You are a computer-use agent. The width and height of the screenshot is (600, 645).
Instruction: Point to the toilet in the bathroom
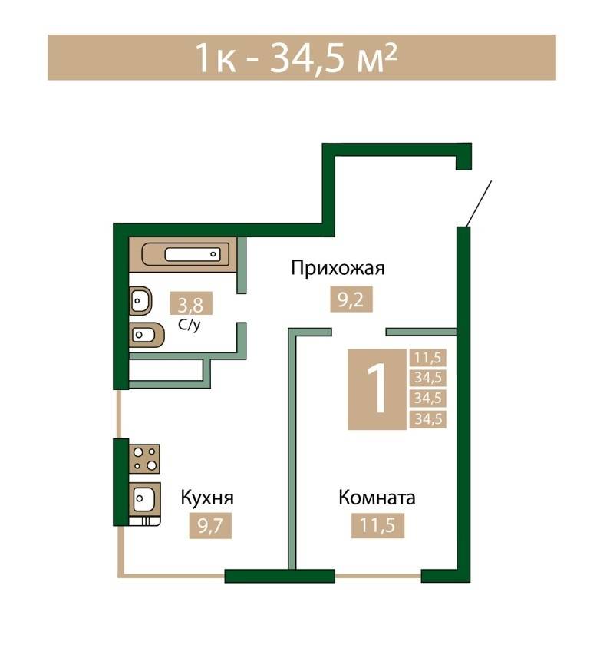[x=144, y=335]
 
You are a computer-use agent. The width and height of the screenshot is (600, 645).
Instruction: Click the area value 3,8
[x=191, y=304]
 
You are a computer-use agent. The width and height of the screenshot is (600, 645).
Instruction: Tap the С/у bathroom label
[x=190, y=324]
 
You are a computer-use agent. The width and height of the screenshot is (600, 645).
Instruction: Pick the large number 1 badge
[x=376, y=389]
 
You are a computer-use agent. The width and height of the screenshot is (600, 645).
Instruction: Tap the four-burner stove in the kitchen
[x=143, y=458]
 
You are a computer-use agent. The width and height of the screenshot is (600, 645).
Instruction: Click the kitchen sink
[x=143, y=499]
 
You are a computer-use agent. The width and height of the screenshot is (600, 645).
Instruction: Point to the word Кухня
[x=207, y=498]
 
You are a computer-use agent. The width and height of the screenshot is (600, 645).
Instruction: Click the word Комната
[x=377, y=498]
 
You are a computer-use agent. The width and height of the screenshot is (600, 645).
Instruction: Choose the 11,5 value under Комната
[x=377, y=527]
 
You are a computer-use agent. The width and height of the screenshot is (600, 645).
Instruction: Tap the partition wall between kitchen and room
[x=292, y=453]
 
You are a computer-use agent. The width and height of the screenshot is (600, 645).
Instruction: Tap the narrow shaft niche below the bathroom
[x=165, y=371]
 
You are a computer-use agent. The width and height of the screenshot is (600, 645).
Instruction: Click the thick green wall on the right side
[x=463, y=399]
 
